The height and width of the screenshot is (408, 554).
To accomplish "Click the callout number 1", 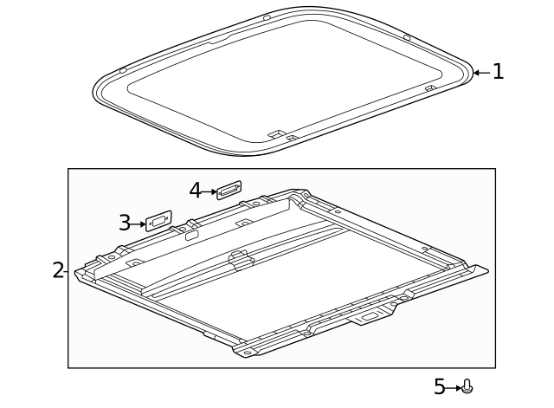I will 498,72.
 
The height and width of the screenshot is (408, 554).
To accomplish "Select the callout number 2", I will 57,269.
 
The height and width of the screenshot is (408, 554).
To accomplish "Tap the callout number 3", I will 125,223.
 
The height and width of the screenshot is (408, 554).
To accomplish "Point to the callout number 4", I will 195,190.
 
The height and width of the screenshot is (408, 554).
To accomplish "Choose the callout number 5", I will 439,387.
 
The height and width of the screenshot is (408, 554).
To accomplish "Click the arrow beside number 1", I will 481,72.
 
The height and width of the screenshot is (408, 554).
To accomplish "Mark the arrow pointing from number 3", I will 138,223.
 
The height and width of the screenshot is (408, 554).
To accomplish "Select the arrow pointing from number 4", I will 209,191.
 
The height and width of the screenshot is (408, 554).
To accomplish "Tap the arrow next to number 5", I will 454,387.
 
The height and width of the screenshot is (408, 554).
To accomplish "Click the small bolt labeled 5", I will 467,386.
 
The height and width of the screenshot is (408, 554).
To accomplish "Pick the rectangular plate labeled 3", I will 158,222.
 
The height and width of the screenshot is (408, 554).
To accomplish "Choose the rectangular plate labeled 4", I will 229,189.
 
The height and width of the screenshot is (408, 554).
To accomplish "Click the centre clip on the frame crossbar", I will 239,256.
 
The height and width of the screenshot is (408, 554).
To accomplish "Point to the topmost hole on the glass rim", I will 267,17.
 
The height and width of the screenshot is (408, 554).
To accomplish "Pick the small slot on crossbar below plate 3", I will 190,233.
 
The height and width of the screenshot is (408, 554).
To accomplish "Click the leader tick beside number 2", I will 67,270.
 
